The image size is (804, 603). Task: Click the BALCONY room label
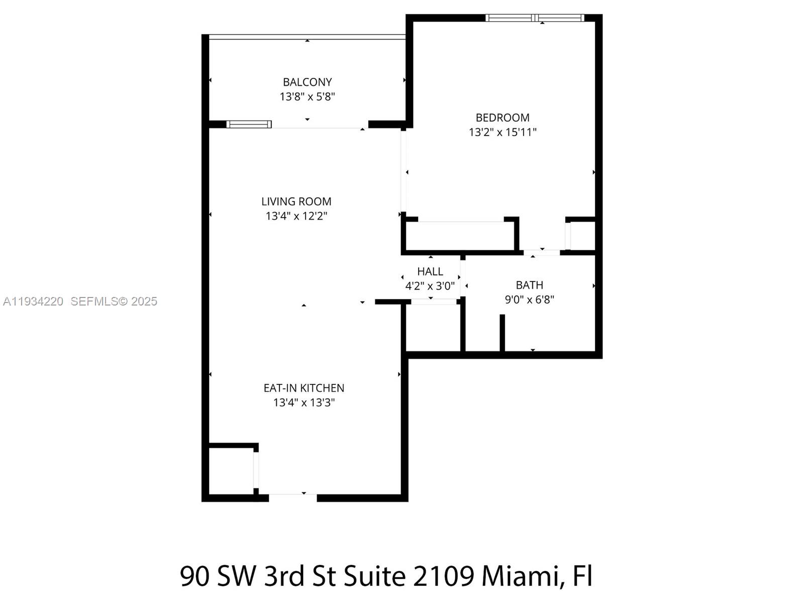point(307,82)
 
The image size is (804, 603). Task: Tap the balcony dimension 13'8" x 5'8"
point(307,96)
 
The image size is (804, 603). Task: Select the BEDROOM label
point(502,118)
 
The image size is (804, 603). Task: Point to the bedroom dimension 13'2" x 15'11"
point(502,132)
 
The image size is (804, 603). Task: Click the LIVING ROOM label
point(296,202)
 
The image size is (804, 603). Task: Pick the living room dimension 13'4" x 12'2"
point(296,216)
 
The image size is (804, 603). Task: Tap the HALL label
point(430,271)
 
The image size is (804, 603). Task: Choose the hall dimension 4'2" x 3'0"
point(430,286)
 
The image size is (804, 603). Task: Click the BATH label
point(529,285)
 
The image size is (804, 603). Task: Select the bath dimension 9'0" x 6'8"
point(529,299)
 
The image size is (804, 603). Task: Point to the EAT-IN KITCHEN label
point(304,388)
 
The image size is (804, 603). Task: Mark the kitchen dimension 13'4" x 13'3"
point(304,403)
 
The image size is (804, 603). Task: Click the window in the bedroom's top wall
point(535,18)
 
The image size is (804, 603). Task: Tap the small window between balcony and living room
point(249,124)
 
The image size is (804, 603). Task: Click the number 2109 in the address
point(443,576)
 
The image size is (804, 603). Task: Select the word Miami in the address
point(520,576)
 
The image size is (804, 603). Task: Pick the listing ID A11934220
point(33,301)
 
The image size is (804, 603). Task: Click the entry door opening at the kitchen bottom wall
point(292,497)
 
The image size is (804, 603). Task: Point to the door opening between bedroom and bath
point(542,252)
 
